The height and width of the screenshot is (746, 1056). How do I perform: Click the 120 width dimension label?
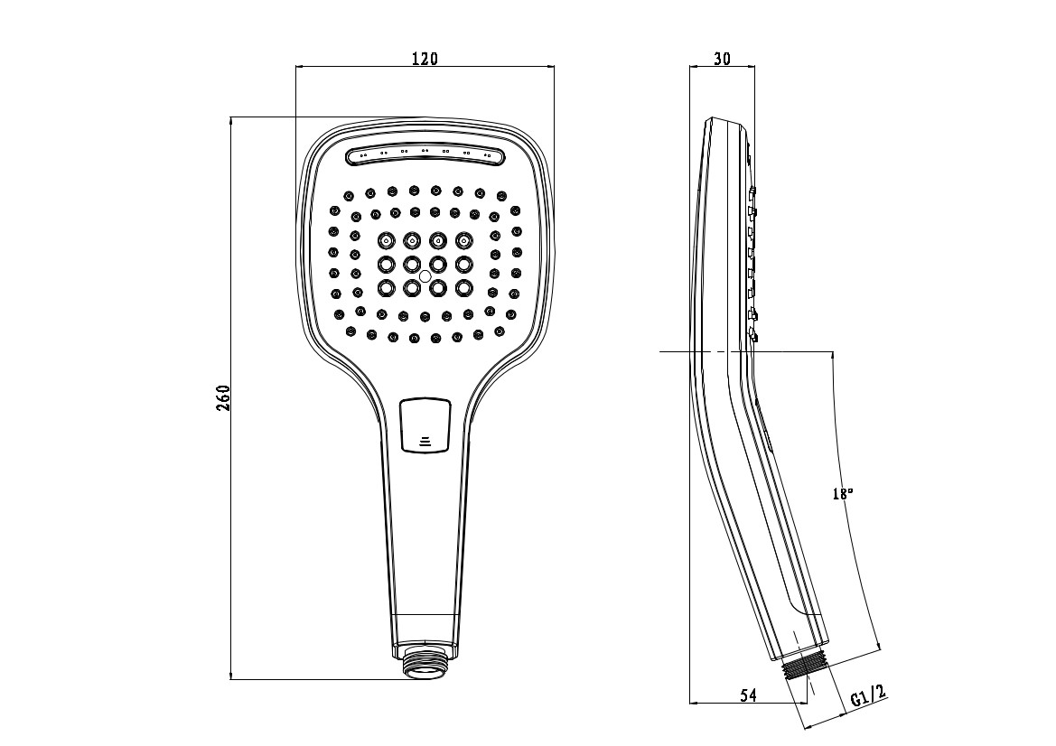[425, 59]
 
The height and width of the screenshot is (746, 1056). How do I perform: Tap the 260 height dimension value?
[223, 398]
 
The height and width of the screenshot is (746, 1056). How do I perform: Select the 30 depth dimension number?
[722, 59]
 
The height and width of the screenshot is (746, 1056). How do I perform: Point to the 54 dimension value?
[748, 695]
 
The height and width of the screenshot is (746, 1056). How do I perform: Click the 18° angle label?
[842, 493]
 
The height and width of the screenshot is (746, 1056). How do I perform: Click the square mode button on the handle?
[425, 424]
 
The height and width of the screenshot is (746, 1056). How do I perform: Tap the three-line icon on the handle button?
[425, 442]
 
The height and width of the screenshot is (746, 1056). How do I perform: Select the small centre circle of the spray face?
[425, 276]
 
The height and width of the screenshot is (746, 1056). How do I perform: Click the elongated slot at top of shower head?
[425, 156]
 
